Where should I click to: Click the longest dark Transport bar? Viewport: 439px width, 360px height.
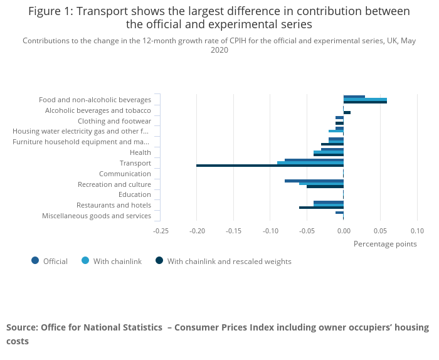tap(270, 166)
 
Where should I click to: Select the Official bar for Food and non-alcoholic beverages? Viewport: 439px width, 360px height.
tap(354, 97)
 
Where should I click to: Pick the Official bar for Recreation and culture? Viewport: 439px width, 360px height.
tap(314, 181)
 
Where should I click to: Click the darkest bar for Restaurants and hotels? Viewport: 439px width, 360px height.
tap(321, 208)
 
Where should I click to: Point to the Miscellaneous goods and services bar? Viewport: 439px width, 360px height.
tap(339, 213)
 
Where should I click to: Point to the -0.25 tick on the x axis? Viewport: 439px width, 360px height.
tap(161, 231)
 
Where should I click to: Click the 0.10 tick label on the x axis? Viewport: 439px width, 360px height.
tap(417, 231)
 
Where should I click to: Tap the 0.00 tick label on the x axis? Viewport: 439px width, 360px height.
tap(344, 231)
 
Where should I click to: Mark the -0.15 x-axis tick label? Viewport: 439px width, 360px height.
tap(234, 231)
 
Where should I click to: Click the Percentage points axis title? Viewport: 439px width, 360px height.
tap(385, 244)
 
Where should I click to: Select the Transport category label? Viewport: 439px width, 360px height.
tap(135, 163)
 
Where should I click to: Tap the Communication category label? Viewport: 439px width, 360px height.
tap(125, 174)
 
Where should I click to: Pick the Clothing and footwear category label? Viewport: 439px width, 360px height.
tap(114, 121)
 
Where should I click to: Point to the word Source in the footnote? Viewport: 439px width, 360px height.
tap(21, 327)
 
